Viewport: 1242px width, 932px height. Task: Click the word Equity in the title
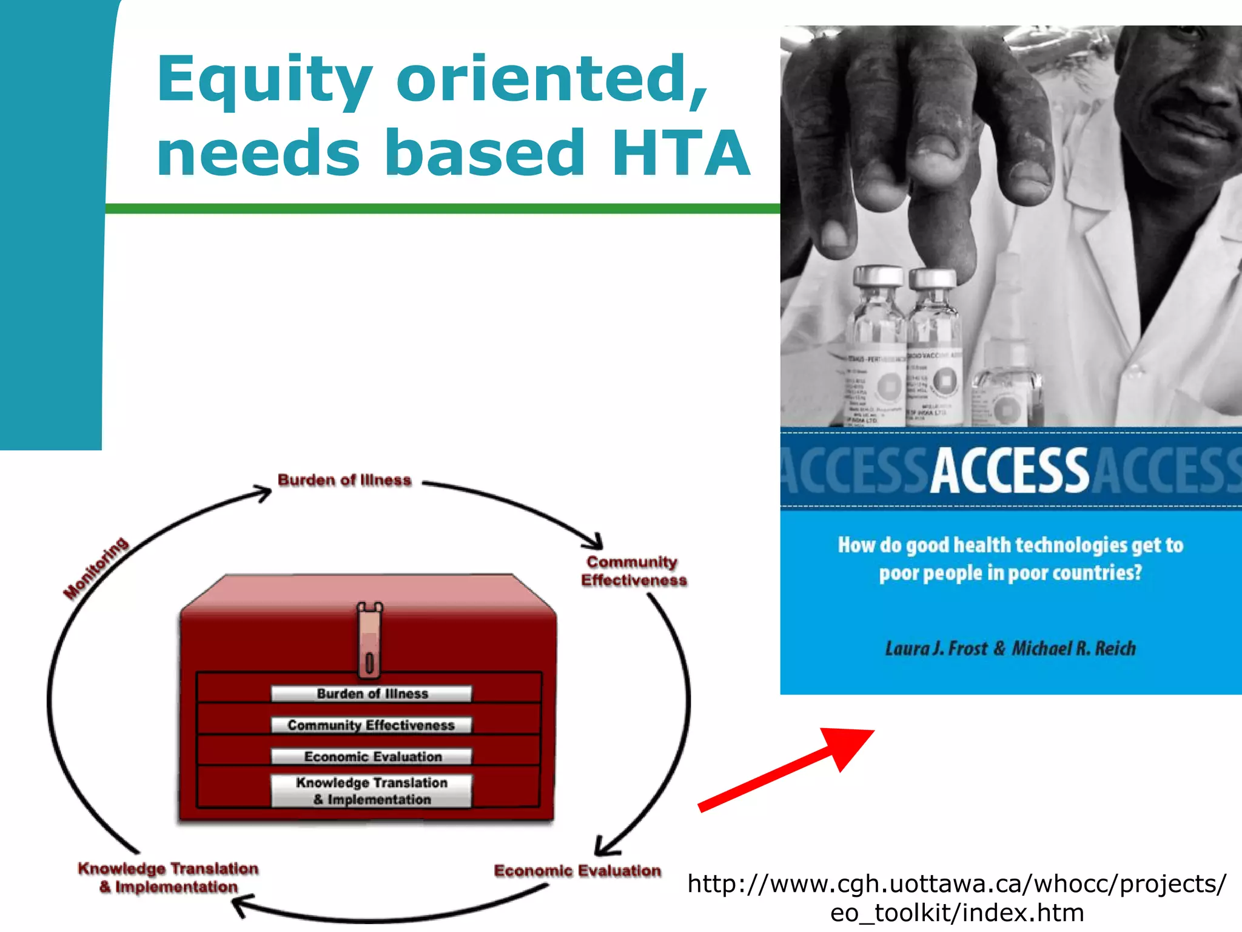pyautogui.click(x=264, y=80)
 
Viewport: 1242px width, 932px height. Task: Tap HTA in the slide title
pyautogui.click(x=680, y=154)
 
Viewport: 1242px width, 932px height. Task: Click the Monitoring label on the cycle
pyautogui.click(x=96, y=568)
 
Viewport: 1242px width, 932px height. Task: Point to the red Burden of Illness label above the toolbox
pyautogui.click(x=344, y=480)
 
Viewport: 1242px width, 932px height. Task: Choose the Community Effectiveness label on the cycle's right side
pyautogui.click(x=633, y=571)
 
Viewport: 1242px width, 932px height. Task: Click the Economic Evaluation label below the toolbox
pyautogui.click(x=577, y=871)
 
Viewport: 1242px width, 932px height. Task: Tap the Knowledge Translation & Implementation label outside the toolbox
pyautogui.click(x=169, y=877)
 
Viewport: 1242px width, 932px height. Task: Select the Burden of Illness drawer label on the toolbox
pyautogui.click(x=371, y=694)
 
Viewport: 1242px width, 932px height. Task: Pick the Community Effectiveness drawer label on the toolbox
pyautogui.click(x=371, y=725)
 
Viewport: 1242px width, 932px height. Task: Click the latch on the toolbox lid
pyautogui.click(x=369, y=640)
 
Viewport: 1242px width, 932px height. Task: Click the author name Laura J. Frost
pyautogui.click(x=936, y=649)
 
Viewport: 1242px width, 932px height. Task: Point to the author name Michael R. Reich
pyautogui.click(x=1073, y=649)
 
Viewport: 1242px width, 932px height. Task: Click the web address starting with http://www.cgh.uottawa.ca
pyautogui.click(x=956, y=897)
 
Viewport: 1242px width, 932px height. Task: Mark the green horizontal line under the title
pyautogui.click(x=443, y=209)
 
